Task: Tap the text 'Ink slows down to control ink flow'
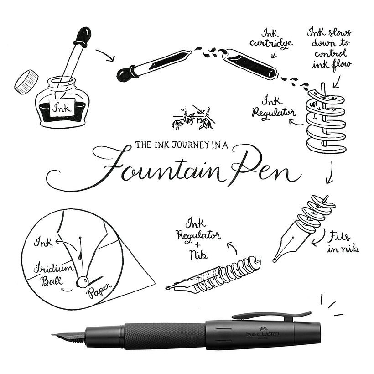pyautogui.click(x=329, y=47)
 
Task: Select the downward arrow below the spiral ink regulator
pyautogui.click(x=329, y=173)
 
